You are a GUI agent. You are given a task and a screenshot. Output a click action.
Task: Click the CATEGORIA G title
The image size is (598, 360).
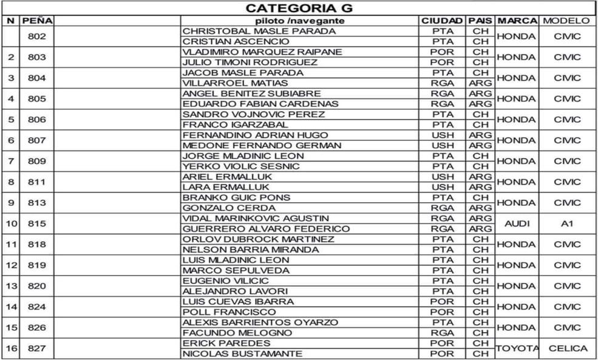click(x=299, y=8)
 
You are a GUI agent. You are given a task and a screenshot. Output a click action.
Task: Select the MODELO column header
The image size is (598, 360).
click(x=566, y=21)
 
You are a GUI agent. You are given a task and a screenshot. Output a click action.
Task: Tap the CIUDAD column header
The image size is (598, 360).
click(x=442, y=21)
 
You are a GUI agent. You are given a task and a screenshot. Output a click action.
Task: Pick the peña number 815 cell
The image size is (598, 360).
click(x=37, y=223)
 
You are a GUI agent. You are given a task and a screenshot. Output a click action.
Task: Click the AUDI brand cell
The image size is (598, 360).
click(x=516, y=223)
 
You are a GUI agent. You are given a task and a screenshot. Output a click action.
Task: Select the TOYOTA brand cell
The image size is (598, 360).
click(x=516, y=348)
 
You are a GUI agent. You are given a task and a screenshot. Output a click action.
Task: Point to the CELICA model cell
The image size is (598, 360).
click(x=567, y=348)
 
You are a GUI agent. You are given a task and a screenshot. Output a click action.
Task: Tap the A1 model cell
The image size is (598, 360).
click(x=567, y=223)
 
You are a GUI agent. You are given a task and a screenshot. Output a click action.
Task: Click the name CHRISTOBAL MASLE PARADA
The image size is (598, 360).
click(x=259, y=31)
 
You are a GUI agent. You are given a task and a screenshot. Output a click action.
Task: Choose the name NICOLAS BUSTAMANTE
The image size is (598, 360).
click(x=242, y=353)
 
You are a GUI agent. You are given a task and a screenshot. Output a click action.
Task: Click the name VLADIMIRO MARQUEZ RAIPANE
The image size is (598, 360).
click(x=262, y=52)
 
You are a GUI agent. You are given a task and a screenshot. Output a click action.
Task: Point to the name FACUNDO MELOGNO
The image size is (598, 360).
click(x=237, y=333)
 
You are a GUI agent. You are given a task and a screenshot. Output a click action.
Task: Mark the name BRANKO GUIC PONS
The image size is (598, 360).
click(x=236, y=197)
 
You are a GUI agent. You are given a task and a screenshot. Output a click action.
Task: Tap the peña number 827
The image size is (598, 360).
click(x=37, y=348)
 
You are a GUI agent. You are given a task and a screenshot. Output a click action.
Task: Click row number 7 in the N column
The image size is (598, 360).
click(x=10, y=161)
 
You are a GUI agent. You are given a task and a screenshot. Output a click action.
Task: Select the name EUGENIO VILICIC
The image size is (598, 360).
click(x=225, y=280)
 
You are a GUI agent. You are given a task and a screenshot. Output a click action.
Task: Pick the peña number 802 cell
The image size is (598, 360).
click(x=37, y=36)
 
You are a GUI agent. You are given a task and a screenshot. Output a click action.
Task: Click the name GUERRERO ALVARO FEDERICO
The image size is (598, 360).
click(x=266, y=229)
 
